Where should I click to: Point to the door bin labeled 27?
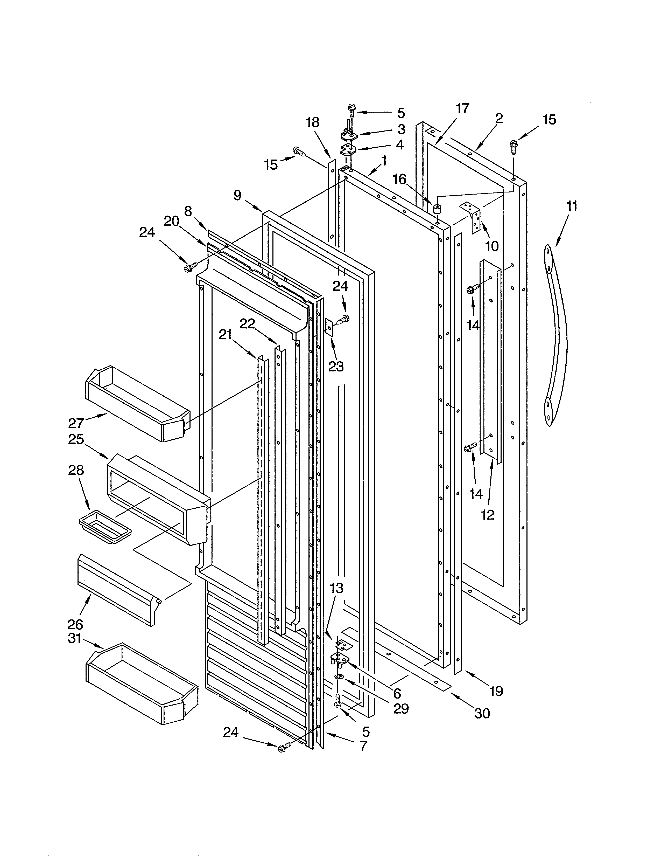pos(137,404)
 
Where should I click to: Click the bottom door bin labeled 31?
pos(141,684)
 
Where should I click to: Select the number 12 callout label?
pos(488,515)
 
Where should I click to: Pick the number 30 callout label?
pos(482,713)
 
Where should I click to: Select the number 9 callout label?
pos(237,195)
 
